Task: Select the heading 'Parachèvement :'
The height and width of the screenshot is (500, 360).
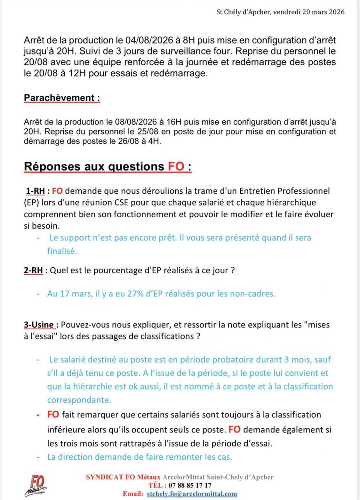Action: tap(62, 98)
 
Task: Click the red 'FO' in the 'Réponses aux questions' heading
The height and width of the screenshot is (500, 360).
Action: tap(176, 166)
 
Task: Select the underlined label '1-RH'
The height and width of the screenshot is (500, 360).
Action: tap(35, 191)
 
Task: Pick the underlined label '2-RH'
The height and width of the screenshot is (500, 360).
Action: tap(33, 270)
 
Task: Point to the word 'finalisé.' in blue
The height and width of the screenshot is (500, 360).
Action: tap(62, 251)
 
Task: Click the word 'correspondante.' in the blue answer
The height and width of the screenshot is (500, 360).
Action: tap(79, 400)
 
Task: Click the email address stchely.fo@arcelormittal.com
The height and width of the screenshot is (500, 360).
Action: tap(191, 494)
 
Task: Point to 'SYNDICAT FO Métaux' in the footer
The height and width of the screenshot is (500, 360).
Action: tap(123, 477)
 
